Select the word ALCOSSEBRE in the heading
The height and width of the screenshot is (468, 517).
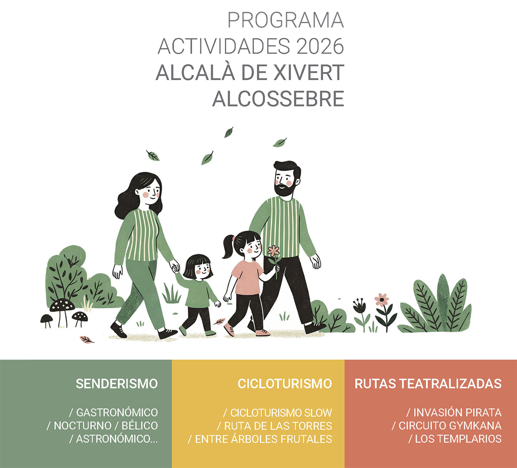point(278,99)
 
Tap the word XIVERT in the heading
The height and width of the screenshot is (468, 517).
point(310,72)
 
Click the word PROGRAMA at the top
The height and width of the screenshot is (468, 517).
point(285,20)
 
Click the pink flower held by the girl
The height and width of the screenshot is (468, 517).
point(274,251)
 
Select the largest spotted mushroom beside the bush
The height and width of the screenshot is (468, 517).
point(62,305)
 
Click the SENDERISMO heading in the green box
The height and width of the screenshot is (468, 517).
point(117,384)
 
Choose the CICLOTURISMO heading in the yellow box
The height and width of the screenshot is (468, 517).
point(284,384)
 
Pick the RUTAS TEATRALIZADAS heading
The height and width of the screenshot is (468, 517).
point(428,384)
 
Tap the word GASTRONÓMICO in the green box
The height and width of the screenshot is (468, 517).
point(117,412)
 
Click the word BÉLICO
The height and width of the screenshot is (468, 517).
point(140,426)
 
